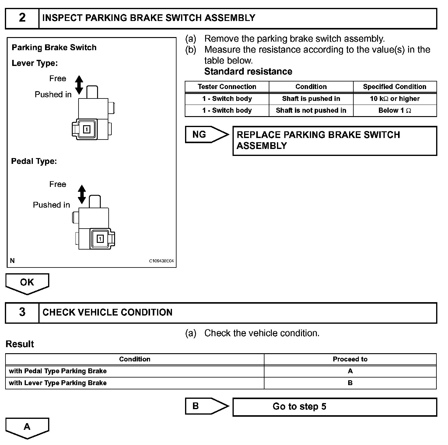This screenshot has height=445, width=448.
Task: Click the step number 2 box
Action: [22, 18]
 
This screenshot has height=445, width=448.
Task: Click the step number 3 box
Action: [22, 312]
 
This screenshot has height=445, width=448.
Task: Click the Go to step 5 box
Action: [334, 407]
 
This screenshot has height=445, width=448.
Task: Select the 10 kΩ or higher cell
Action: [395, 99]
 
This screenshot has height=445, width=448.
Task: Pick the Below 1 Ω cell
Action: [395, 111]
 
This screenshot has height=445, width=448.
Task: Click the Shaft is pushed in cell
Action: [311, 99]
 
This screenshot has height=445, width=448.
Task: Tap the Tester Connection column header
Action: [227, 87]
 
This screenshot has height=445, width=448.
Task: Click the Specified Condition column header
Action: [395, 87]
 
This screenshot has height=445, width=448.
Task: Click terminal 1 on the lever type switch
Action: [87, 129]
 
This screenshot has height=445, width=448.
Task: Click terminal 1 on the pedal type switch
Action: [100, 239]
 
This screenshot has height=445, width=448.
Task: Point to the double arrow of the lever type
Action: [79, 85]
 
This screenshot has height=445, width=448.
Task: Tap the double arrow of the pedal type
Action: [82, 194]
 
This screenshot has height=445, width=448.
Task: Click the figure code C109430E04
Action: [162, 261]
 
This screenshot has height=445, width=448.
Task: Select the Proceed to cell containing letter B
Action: [350, 383]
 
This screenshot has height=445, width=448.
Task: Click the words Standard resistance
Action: [248, 71]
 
